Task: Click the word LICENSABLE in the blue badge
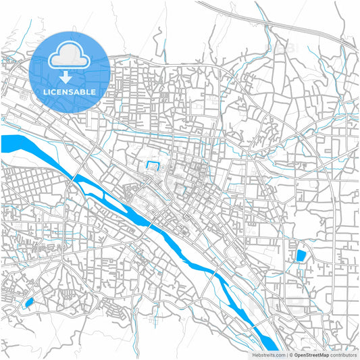click(70, 91)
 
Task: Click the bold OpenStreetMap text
click(310, 355)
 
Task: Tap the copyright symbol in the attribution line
click(290, 355)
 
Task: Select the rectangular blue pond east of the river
click(301, 256)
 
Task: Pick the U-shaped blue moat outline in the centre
click(153, 166)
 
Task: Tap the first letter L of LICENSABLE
click(44, 91)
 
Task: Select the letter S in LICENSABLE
click(72, 91)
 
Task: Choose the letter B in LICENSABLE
click(84, 91)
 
